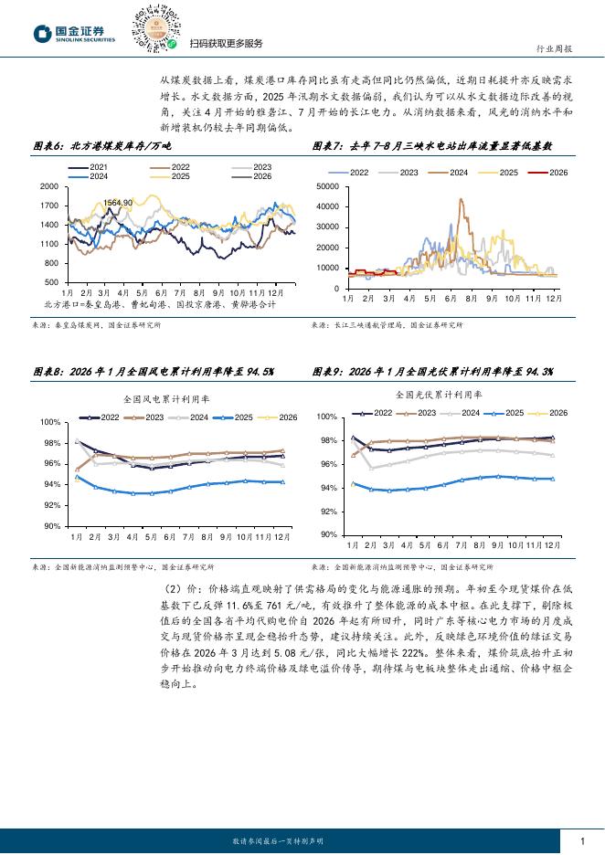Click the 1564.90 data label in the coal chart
118,202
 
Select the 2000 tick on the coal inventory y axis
49,186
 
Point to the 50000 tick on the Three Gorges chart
326,186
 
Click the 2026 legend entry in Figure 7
551,172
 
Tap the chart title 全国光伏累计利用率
440,395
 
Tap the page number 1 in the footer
582,840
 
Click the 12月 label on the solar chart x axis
553,544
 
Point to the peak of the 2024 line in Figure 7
461,199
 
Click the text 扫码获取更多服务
226,43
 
